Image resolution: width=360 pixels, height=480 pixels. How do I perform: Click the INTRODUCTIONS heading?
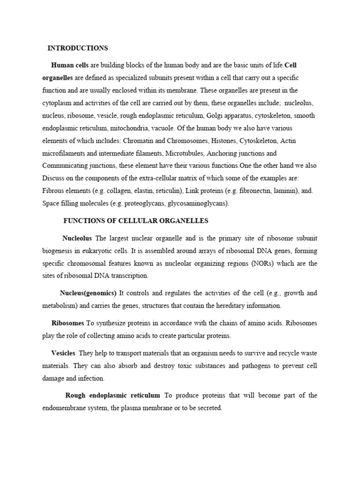[x=78, y=48]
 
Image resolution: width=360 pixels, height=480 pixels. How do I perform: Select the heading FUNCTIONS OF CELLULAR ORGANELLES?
[x=135, y=220]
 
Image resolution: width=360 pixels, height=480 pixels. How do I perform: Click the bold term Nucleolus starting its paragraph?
[x=77, y=238]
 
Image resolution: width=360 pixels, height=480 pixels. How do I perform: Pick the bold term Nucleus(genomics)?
[x=88, y=293]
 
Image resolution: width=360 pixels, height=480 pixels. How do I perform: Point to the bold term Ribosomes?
[x=67, y=323]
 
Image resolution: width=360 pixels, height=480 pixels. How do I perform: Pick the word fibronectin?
[x=249, y=191]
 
